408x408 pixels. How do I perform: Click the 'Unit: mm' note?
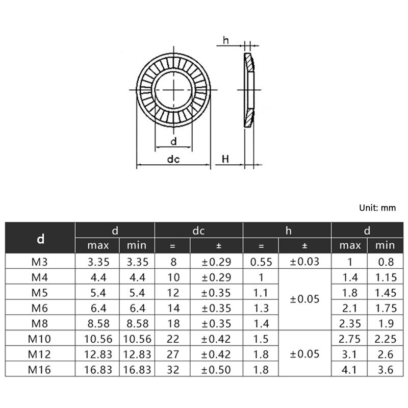(377, 208)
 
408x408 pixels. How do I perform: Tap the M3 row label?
(40, 262)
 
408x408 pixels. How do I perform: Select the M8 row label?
(40, 323)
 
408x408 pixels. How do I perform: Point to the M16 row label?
(40, 370)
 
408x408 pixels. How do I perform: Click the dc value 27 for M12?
(172, 354)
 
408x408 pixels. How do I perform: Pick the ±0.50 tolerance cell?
(216, 370)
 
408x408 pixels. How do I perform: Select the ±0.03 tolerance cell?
(304, 262)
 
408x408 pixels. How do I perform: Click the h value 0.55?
(261, 262)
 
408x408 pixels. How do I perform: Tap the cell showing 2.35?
(350, 323)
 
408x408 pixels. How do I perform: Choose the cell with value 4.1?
(350, 370)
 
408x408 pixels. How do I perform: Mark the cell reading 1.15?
(385, 277)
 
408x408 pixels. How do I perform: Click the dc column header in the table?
(198, 231)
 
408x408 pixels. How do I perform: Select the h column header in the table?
(288, 231)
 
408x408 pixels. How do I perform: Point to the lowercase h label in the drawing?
(225, 40)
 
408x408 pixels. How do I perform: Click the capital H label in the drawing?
(225, 159)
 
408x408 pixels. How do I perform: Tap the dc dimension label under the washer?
(173, 159)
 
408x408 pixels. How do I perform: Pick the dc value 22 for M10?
(172, 339)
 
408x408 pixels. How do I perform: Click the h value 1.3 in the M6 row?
(261, 308)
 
